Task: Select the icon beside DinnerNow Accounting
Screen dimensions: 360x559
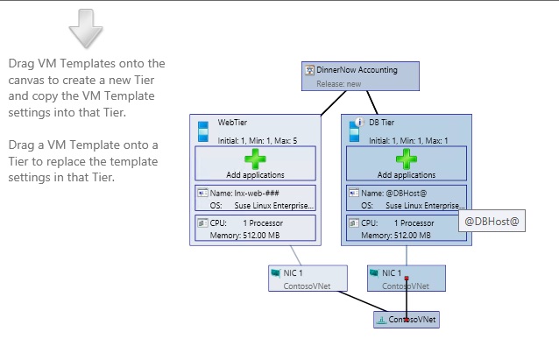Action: (310, 70)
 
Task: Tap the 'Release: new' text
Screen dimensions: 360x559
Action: (339, 82)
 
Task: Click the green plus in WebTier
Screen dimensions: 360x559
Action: (252, 159)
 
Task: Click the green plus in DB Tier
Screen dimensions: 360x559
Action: (406, 159)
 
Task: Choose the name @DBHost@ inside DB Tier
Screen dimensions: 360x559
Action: (410, 192)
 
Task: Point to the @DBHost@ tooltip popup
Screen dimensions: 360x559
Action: (492, 222)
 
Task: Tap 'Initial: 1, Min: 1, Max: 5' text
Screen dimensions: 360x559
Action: (258, 140)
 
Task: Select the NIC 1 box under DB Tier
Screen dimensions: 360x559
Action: (407, 278)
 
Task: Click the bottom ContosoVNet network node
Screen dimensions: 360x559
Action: (406, 320)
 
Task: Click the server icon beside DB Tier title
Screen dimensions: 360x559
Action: (356, 129)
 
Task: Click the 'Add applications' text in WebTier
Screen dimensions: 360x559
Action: (252, 175)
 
